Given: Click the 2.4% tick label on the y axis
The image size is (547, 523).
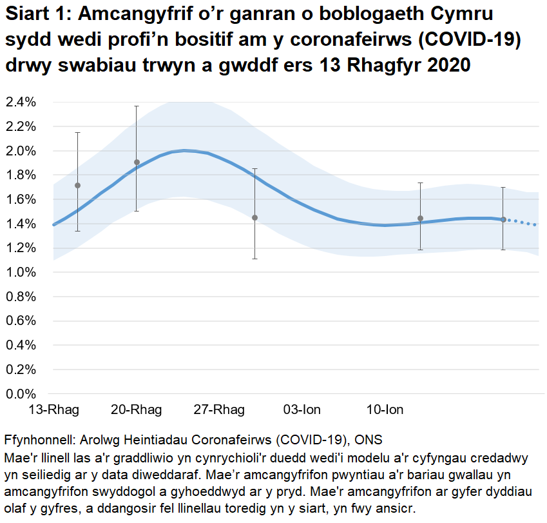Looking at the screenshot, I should pyautogui.click(x=21, y=102).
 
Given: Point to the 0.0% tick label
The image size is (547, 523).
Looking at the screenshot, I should pyautogui.click(x=21, y=393).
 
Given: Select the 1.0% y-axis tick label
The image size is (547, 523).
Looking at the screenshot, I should pyautogui.click(x=21, y=272).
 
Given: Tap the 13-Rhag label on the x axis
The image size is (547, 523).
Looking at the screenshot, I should pyautogui.click(x=53, y=410).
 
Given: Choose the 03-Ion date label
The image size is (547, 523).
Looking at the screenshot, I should pyautogui.click(x=302, y=410).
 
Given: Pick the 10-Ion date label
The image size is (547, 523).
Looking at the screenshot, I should pyautogui.click(x=385, y=410).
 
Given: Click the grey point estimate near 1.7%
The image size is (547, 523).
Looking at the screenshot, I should pyautogui.click(x=77, y=186).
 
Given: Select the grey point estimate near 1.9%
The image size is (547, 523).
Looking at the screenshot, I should pyautogui.click(x=137, y=163).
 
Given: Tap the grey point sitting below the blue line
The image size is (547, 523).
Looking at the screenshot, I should pyautogui.click(x=254, y=218).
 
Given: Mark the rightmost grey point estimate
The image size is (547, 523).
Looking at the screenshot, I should pyautogui.click(x=503, y=220).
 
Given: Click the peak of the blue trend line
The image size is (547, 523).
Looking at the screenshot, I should pyautogui.click(x=185, y=150).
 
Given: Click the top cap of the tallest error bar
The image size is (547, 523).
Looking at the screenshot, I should pyautogui.click(x=137, y=106).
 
